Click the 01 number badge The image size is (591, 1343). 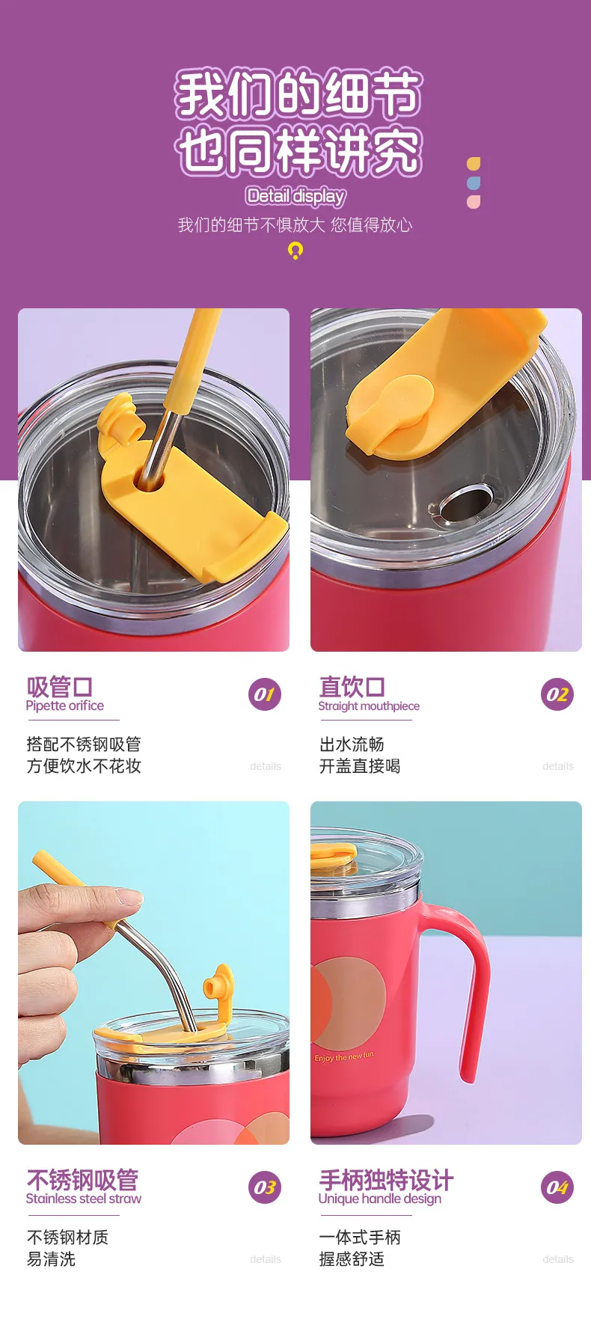pyautogui.click(x=264, y=694)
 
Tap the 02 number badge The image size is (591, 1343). pyautogui.click(x=557, y=694)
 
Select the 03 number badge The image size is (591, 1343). pyautogui.click(x=264, y=1187)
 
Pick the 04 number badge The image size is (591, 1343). pyautogui.click(x=557, y=1187)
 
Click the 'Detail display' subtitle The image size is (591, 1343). pyautogui.click(x=295, y=196)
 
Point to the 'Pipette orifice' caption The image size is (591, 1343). pyautogui.click(x=65, y=706)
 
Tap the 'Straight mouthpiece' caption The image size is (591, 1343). pyautogui.click(x=369, y=706)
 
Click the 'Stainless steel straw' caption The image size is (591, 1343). pyautogui.click(x=84, y=1199)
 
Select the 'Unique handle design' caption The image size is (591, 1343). pyautogui.click(x=380, y=1199)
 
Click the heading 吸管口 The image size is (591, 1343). pyautogui.click(x=60, y=686)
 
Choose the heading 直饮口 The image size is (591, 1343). pyautogui.click(x=352, y=686)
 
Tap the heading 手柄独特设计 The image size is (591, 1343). pyautogui.click(x=386, y=1180)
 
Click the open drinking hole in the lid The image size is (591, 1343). pyautogui.click(x=466, y=502)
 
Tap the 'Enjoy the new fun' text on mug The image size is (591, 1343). pyautogui.click(x=344, y=1056)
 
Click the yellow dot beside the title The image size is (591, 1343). pyautogui.click(x=474, y=164)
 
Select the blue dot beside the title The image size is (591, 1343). pyautogui.click(x=474, y=183)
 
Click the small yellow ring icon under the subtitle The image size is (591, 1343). pyautogui.click(x=295, y=251)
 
